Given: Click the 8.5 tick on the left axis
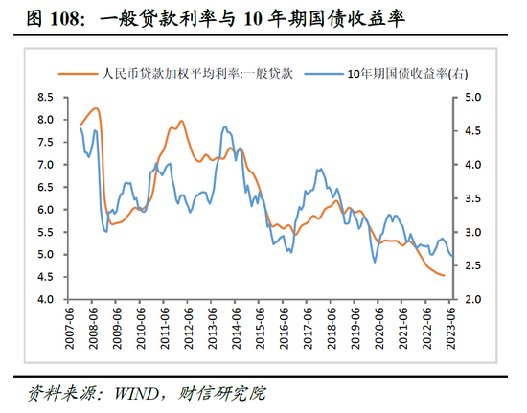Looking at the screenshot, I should (45, 97).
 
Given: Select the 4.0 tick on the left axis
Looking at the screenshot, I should (45, 299).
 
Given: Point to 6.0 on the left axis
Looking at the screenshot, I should (45, 209).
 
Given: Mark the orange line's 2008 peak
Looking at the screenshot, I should (96, 108).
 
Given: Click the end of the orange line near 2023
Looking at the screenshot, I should (444, 276).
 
